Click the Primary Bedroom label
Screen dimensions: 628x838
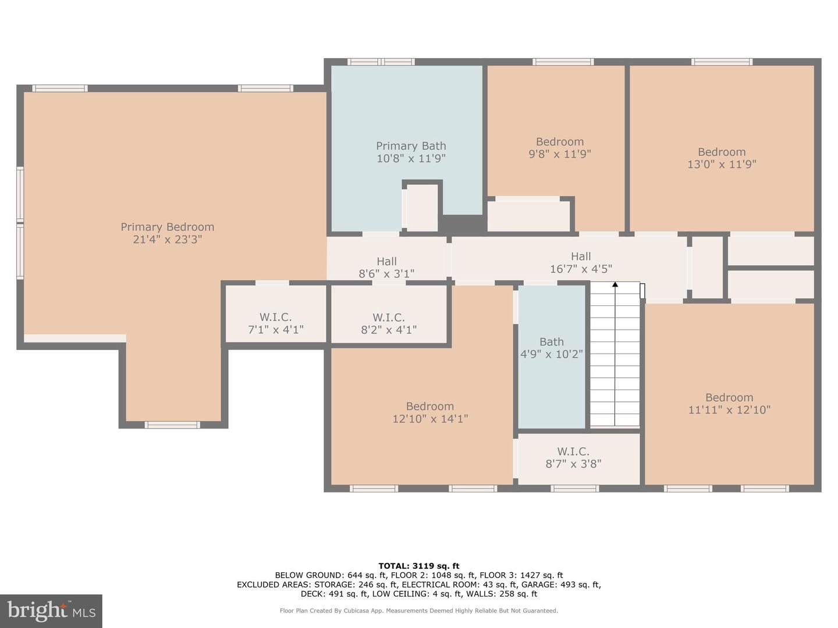click(x=168, y=227)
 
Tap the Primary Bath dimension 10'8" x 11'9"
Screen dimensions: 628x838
click(x=411, y=158)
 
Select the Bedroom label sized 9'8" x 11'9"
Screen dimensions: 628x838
click(x=560, y=142)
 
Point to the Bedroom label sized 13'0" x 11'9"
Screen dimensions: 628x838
click(x=722, y=152)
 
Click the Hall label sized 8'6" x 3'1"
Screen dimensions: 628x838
click(x=386, y=262)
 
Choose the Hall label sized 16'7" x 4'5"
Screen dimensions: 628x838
click(x=581, y=256)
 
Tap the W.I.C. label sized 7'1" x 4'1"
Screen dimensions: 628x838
click(x=276, y=317)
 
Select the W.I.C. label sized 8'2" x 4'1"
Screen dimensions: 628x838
click(x=389, y=317)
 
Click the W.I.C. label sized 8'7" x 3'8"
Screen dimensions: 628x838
click(x=573, y=451)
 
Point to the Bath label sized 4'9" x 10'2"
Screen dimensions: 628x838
click(x=551, y=342)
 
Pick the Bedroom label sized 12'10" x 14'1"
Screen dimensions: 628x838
click(x=430, y=406)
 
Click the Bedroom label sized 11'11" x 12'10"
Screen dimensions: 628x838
click(x=729, y=398)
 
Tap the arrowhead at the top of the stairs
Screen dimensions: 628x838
click(x=615, y=284)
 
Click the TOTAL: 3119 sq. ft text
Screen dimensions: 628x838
click(x=419, y=566)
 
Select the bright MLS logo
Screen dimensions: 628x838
click(x=51, y=611)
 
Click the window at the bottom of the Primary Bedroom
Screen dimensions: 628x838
click(x=172, y=425)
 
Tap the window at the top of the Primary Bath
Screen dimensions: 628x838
click(x=381, y=62)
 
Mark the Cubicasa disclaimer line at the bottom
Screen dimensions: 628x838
click(x=419, y=611)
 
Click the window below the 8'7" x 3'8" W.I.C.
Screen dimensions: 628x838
click(x=574, y=488)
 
